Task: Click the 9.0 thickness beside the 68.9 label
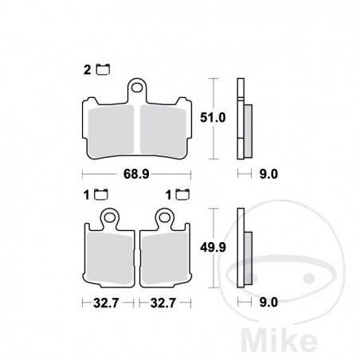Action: [x=268, y=174]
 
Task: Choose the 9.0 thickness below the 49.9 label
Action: [x=268, y=303]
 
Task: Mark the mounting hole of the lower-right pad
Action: [x=164, y=217]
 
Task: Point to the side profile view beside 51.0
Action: [x=244, y=119]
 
